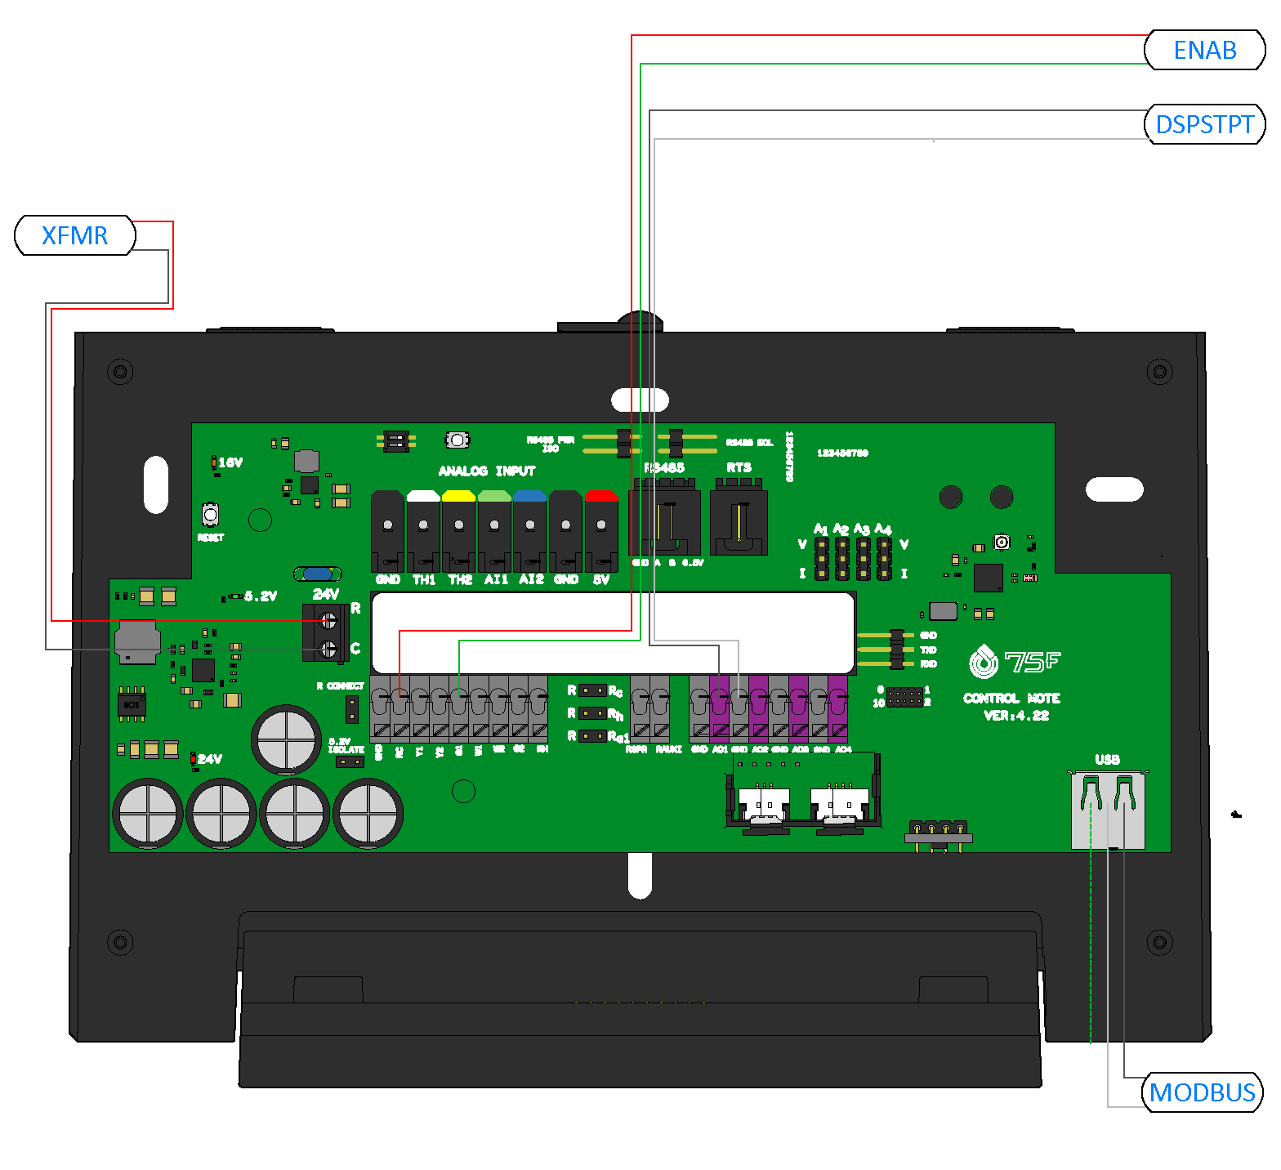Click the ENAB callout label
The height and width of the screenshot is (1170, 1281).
[1204, 50]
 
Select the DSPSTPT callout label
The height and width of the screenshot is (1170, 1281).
[1204, 124]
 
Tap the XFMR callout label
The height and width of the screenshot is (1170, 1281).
[74, 235]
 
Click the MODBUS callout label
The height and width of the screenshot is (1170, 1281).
[1202, 1092]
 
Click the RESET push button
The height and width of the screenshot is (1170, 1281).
[211, 515]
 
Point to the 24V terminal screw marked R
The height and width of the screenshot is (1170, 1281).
[328, 620]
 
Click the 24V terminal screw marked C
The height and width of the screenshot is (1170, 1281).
[328, 649]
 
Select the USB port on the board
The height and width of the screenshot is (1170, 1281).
[1108, 809]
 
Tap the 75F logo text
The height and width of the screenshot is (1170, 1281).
[1032, 661]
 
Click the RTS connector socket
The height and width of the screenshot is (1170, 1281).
[739, 523]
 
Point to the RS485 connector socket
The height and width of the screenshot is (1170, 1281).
[664, 523]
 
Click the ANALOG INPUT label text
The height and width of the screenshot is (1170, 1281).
[487, 471]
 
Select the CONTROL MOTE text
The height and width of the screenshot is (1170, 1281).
[1011, 698]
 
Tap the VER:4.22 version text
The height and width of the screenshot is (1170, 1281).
[1016, 716]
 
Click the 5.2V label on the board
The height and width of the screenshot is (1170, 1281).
[261, 596]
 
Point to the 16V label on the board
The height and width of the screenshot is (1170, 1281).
[230, 462]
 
